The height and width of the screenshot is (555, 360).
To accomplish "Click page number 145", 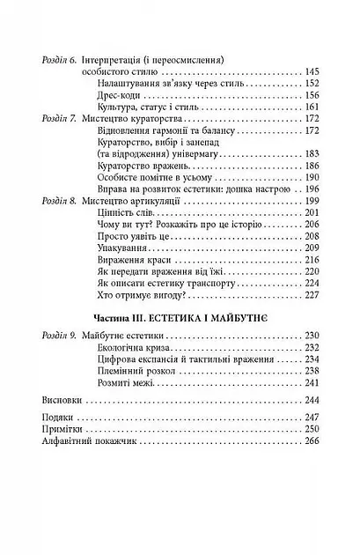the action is pyautogui.click(x=313, y=72).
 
